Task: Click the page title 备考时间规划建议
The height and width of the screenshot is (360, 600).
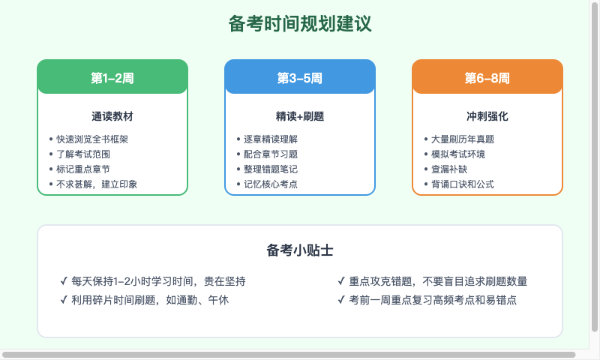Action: coord(300,24)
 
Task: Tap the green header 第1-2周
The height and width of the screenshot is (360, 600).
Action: coord(112,77)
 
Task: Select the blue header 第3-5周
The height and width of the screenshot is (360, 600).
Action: coord(300,77)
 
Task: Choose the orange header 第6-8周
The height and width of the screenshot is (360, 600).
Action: coord(487,77)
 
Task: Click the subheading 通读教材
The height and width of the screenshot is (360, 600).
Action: coord(112,116)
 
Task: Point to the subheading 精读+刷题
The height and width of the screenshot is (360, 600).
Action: coord(300,116)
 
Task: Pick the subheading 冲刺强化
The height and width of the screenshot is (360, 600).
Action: coord(487,116)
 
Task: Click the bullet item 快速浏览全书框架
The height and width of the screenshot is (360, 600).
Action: coord(92,139)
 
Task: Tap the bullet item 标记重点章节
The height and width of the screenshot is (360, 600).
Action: coord(82,169)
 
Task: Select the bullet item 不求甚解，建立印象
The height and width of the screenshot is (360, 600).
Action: coord(97,184)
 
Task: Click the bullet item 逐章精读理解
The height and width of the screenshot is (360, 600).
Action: coord(270,139)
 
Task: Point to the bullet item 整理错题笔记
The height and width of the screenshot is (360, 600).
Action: coord(270,169)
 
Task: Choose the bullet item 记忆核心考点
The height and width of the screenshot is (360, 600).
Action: coord(270,184)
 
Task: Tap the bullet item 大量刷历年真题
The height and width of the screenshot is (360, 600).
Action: coord(462,139)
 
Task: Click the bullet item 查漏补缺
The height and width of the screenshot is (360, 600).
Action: coord(448,169)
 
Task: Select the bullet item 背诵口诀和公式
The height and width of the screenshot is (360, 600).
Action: coord(462,184)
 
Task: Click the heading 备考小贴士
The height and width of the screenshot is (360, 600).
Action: coord(300,250)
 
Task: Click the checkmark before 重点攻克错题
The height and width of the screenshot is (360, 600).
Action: coord(342,281)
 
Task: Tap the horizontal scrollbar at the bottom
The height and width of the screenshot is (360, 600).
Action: coord(289,354)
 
